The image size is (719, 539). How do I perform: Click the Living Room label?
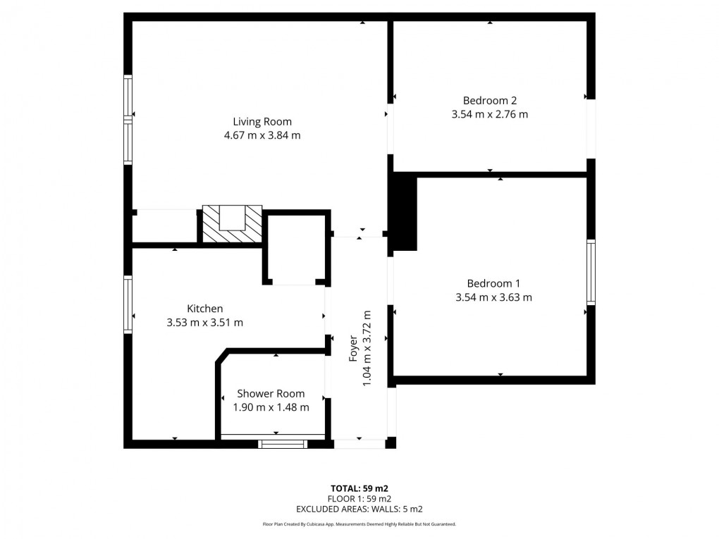(x=262, y=121)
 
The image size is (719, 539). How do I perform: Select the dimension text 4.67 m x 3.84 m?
(x=262, y=135)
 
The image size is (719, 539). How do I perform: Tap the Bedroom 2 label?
(x=489, y=100)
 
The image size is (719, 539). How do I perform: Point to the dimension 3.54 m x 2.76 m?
(x=489, y=114)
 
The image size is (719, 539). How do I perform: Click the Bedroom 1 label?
(x=493, y=283)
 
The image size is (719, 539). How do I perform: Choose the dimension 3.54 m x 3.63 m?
(x=493, y=297)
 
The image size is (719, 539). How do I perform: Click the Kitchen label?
(x=204, y=309)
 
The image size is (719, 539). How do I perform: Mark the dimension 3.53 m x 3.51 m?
(x=204, y=323)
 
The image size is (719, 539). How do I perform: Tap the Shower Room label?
(x=271, y=393)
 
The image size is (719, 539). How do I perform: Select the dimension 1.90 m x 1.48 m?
(x=271, y=407)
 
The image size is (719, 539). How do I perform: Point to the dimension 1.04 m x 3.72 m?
(x=367, y=349)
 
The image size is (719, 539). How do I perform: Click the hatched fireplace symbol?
(x=233, y=224)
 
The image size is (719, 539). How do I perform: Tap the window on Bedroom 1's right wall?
(x=591, y=273)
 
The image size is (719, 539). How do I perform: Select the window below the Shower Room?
(x=282, y=443)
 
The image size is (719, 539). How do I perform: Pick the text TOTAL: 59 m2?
(x=359, y=488)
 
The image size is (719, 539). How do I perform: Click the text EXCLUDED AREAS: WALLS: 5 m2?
(x=359, y=508)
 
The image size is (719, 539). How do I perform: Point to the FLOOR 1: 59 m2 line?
(x=359, y=498)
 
